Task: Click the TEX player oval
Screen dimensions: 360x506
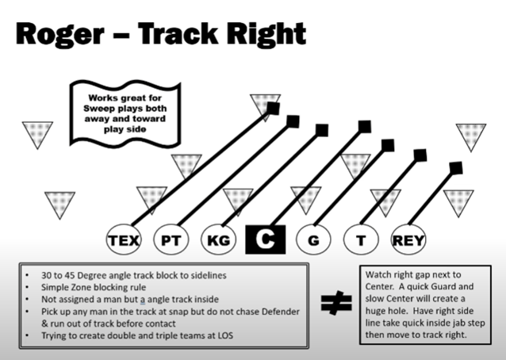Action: (123, 239)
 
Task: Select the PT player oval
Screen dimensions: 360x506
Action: (171, 239)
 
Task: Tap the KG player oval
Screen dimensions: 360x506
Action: (218, 239)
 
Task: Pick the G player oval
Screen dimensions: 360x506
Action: (313, 239)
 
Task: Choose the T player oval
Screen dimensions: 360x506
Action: (361, 239)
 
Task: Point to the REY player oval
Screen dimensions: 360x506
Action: (408, 239)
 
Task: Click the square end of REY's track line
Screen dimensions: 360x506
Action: (455, 168)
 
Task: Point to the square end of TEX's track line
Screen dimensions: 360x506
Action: (272, 109)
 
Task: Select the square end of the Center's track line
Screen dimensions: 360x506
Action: (365, 127)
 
